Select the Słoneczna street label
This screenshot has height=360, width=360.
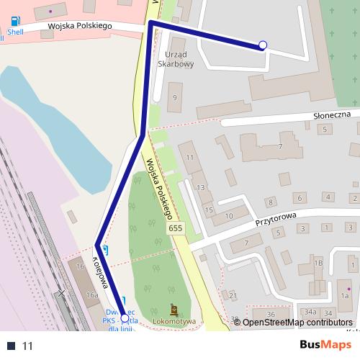[x=331, y=114]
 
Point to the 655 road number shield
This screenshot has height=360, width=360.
[x=175, y=228]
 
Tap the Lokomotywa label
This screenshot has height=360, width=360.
[x=174, y=321]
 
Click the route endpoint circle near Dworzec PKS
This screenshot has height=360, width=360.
[x=125, y=318]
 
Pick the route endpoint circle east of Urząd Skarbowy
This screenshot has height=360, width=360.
[x=263, y=45]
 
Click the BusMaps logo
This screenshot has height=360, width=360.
[x=325, y=345]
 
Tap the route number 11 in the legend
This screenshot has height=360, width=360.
[x=28, y=346]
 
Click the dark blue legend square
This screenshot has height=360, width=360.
[x=11, y=346]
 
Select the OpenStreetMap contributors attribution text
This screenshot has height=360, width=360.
[x=297, y=322]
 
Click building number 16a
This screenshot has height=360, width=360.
[x=91, y=295]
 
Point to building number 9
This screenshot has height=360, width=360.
[x=174, y=96]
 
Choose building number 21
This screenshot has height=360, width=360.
[x=232, y=295]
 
